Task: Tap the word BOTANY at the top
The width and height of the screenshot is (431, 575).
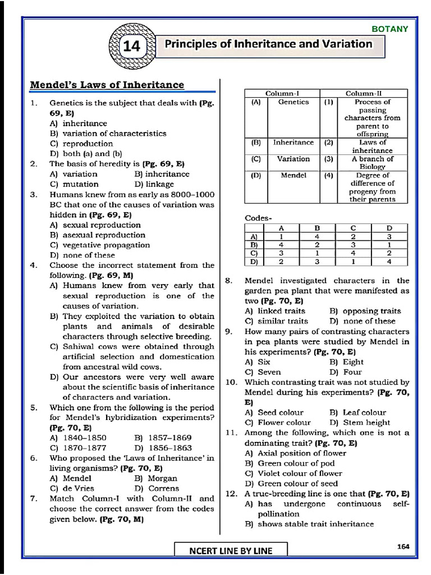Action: click(x=390, y=29)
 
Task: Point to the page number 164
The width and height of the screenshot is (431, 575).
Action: click(x=402, y=546)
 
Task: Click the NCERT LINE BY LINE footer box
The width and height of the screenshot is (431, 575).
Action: click(x=231, y=550)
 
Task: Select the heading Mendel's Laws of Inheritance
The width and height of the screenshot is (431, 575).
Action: click(x=107, y=85)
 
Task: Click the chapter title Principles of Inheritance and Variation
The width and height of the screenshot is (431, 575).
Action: click(x=268, y=44)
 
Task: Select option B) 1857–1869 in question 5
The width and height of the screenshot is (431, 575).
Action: click(x=163, y=437)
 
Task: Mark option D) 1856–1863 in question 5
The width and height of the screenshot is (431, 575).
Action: click(x=163, y=448)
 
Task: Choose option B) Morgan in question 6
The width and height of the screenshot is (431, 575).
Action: click(x=155, y=478)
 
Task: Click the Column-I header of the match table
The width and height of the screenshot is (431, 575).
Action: click(x=282, y=94)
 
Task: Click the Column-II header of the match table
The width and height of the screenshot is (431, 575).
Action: click(x=368, y=94)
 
